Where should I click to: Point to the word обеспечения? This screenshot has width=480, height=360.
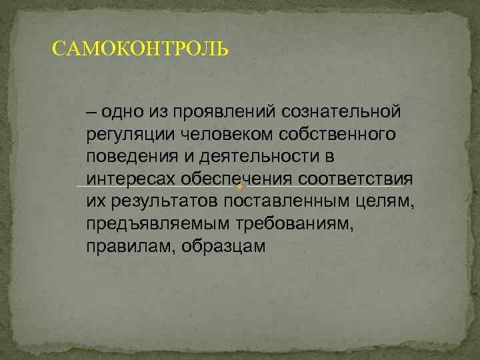tap(237, 179)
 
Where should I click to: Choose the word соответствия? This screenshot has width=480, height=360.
tap(357, 179)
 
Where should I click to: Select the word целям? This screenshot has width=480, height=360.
tap(386, 202)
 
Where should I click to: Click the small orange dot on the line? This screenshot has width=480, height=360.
tap(239, 187)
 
